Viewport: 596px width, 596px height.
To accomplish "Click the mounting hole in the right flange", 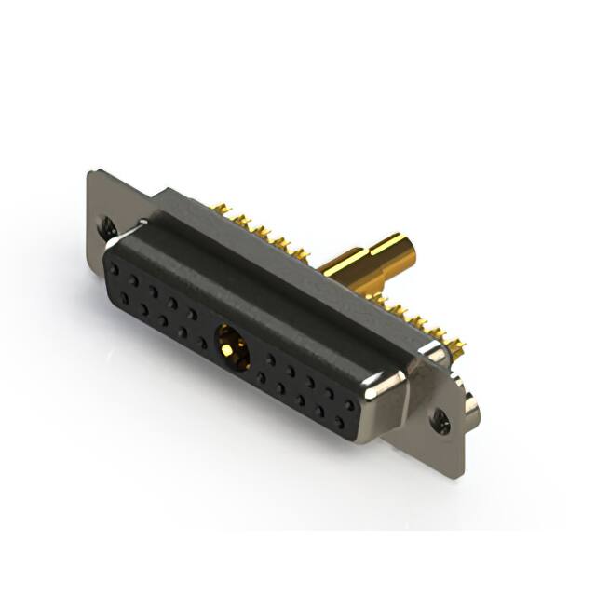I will coord(440,421).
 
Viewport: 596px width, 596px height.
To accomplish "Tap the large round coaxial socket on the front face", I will coord(233,349).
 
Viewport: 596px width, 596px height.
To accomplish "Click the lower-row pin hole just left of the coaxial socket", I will coord(202,343).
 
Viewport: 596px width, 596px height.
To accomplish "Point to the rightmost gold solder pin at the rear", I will coord(456,346).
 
